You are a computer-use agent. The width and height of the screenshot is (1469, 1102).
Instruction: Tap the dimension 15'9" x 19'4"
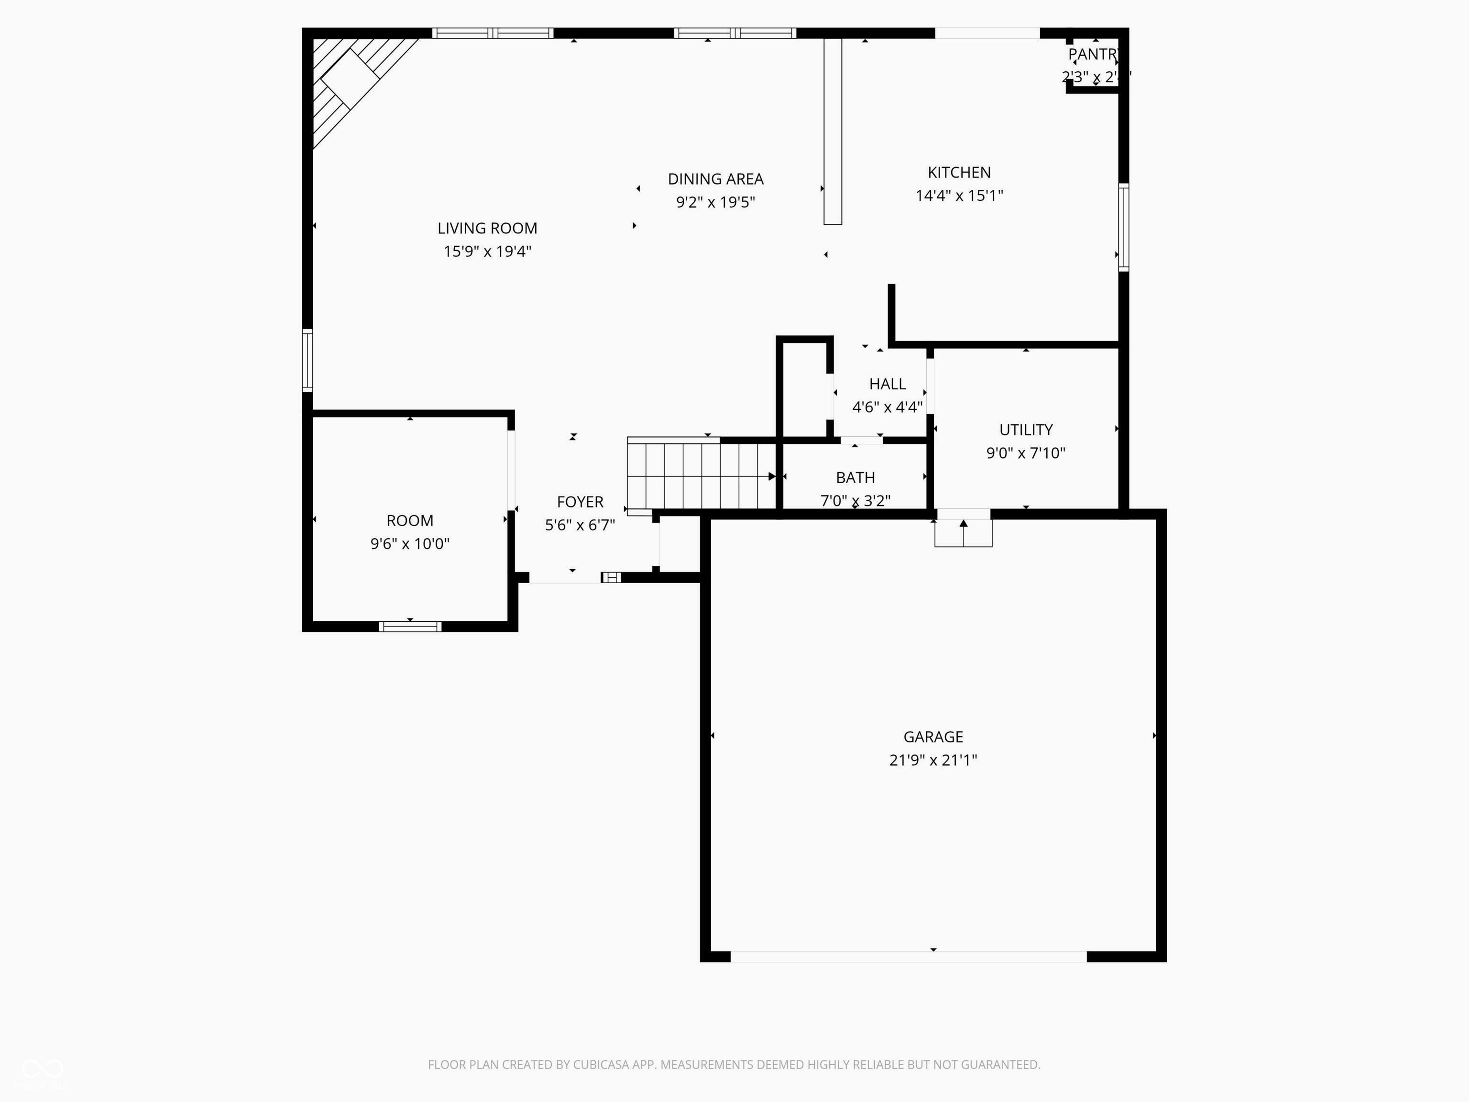(x=487, y=251)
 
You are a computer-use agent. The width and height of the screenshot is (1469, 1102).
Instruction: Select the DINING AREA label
(x=715, y=179)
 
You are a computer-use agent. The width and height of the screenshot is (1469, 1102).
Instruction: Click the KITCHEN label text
(x=958, y=172)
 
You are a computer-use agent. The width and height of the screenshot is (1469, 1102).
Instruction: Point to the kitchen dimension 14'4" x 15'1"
(x=958, y=195)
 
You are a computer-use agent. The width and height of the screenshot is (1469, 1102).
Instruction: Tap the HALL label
(x=887, y=384)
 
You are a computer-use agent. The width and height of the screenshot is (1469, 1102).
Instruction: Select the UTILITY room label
(x=1025, y=430)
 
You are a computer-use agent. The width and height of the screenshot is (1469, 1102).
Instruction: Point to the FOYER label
(x=580, y=502)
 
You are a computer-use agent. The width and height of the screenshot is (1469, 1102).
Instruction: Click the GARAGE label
(x=932, y=737)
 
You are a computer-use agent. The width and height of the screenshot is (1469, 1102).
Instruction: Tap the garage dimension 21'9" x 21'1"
(x=932, y=760)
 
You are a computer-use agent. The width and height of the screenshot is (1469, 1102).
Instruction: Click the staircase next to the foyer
(x=701, y=475)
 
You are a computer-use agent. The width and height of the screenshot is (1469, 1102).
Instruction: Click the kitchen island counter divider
(x=832, y=131)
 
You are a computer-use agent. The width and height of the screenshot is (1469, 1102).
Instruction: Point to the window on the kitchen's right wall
(x=1123, y=227)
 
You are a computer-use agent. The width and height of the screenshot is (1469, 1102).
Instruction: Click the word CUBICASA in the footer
(x=600, y=1064)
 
